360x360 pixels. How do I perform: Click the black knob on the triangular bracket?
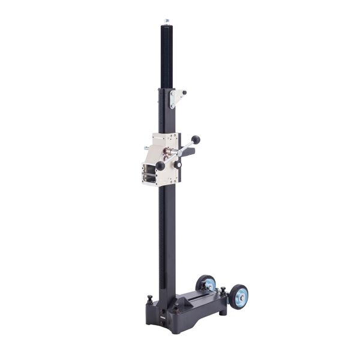[x=185, y=93]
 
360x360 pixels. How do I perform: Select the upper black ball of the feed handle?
[x=196, y=140]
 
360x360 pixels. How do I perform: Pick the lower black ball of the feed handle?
[x=160, y=166]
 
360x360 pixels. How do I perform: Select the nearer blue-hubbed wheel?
[x=239, y=297]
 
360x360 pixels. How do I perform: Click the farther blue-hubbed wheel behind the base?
[x=206, y=283]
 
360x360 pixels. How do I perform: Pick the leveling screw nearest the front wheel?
[x=223, y=292]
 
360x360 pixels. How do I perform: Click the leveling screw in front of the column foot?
[x=176, y=307]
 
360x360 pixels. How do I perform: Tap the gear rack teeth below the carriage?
[x=162, y=240]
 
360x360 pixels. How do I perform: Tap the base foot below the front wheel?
[x=223, y=309]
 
